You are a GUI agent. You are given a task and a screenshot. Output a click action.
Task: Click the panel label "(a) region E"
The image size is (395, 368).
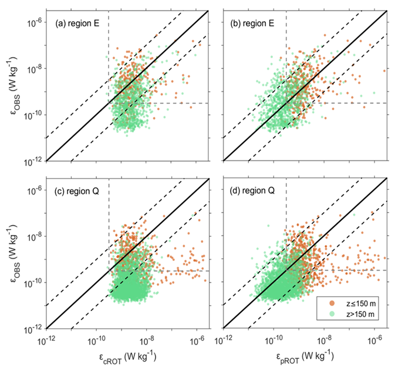[x=75, y=25]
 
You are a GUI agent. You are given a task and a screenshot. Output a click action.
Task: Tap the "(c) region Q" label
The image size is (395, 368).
[x=75, y=192]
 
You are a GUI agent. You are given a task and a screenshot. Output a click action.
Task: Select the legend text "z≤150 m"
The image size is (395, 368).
[x=357, y=303]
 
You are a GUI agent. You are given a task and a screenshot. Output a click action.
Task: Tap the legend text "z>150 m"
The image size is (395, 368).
[x=357, y=315]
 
